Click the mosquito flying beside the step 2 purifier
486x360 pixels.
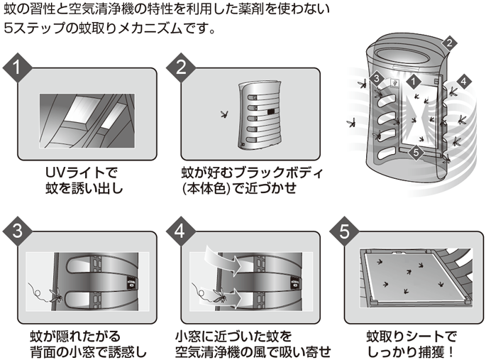pyautogui.click(x=226, y=114)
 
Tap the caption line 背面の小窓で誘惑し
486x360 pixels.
pyautogui.click(x=88, y=351)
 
